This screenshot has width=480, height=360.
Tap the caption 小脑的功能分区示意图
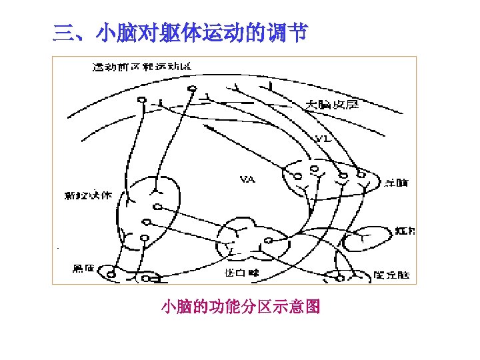click(x=241, y=307)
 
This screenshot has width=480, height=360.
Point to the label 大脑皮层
click(x=332, y=104)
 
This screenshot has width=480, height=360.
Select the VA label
click(x=247, y=179)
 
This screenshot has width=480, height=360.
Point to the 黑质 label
click(x=84, y=269)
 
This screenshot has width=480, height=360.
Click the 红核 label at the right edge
click(x=405, y=231)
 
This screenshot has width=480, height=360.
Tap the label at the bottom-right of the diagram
click(x=392, y=274)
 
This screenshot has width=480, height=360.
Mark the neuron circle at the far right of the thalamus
click(x=361, y=173)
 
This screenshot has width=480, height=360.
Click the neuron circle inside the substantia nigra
click(x=112, y=273)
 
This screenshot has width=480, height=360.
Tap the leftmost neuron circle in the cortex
click(x=141, y=101)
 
